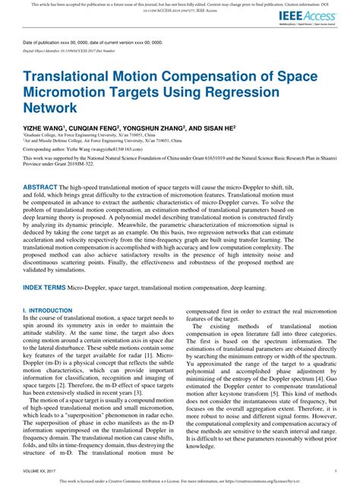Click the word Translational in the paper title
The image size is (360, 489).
[x=71, y=77]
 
